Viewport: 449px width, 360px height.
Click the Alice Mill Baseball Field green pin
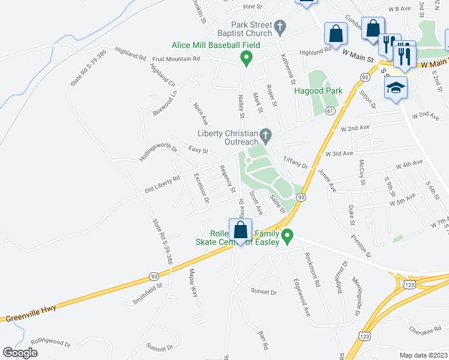[246, 58]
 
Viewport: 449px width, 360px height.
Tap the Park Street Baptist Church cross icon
[280, 26]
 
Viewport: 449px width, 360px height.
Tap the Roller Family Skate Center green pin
[288, 236]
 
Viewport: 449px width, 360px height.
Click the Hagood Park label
[318, 91]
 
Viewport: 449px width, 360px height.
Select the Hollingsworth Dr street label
[158, 146]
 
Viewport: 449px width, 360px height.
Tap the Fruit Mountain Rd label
[176, 59]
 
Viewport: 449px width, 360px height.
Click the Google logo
[20, 352]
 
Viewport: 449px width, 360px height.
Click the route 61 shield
[330, 111]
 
